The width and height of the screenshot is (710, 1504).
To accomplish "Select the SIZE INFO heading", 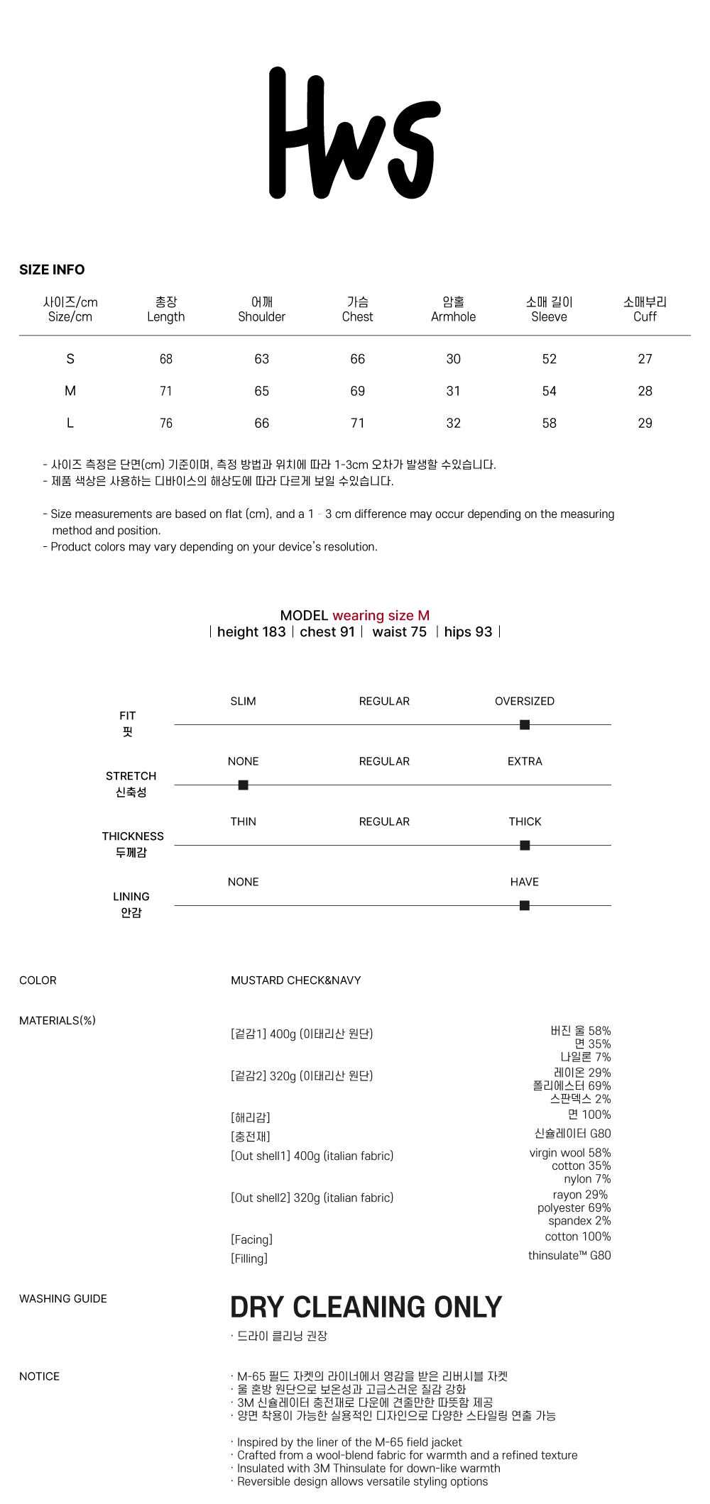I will click(52, 270).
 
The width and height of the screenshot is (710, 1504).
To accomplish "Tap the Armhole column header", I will click(453, 310).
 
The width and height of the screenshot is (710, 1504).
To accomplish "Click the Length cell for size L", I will click(166, 424).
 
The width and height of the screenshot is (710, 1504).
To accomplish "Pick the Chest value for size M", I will click(357, 391).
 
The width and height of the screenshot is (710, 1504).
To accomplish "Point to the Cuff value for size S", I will click(645, 359).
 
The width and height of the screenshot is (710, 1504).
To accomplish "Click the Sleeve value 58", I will click(549, 424).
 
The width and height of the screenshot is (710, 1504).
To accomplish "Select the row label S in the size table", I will click(70, 359).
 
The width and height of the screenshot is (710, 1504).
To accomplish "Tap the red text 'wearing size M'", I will click(381, 616).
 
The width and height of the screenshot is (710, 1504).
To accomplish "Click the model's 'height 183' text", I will click(251, 632).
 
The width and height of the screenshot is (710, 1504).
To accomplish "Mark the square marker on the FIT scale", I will click(525, 724).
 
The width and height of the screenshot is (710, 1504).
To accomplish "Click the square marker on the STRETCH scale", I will click(243, 785).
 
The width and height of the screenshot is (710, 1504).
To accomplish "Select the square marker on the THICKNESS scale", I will click(525, 845).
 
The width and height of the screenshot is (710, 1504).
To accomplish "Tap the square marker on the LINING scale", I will click(525, 905).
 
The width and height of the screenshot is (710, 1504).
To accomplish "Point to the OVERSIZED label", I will click(525, 701).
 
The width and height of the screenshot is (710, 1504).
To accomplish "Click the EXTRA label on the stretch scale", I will click(525, 761).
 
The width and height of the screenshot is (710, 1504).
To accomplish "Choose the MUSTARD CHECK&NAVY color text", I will click(296, 980).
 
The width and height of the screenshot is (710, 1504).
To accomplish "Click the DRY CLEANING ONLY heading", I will click(366, 1307).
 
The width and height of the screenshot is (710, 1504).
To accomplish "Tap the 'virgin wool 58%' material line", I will click(569, 1153).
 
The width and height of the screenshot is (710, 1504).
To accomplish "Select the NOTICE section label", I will click(40, 1376).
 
